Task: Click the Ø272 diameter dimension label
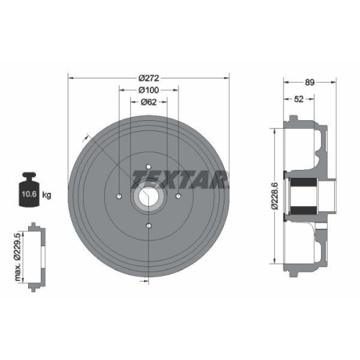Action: [148, 77]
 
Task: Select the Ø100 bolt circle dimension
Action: [148, 90]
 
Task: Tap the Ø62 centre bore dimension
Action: [148, 103]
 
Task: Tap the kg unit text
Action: [48, 194]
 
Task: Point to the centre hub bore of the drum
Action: [148, 195]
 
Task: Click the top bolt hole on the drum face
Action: [148, 166]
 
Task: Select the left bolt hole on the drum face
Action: [119, 195]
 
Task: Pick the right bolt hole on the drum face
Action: [176, 195]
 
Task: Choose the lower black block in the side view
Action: [303, 209]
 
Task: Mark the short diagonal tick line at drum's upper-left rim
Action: [88, 137]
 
